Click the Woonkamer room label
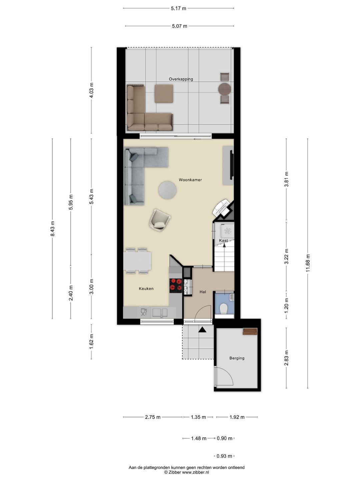pos(190,180)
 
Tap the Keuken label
pos(146,289)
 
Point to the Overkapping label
pos(181,79)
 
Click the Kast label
pos(223,240)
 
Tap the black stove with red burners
pos(176,286)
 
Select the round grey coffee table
pos(167,190)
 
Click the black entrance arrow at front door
pos(202,330)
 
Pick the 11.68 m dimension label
pos(308,263)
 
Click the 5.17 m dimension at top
pos(178,9)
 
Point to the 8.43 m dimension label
pos(52,229)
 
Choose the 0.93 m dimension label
pos(224,456)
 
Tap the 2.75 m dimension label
pos(153,417)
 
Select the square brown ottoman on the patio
pos(164,94)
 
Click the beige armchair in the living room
pos(159,220)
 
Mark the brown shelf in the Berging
pos(250,332)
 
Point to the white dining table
pos(137,261)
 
